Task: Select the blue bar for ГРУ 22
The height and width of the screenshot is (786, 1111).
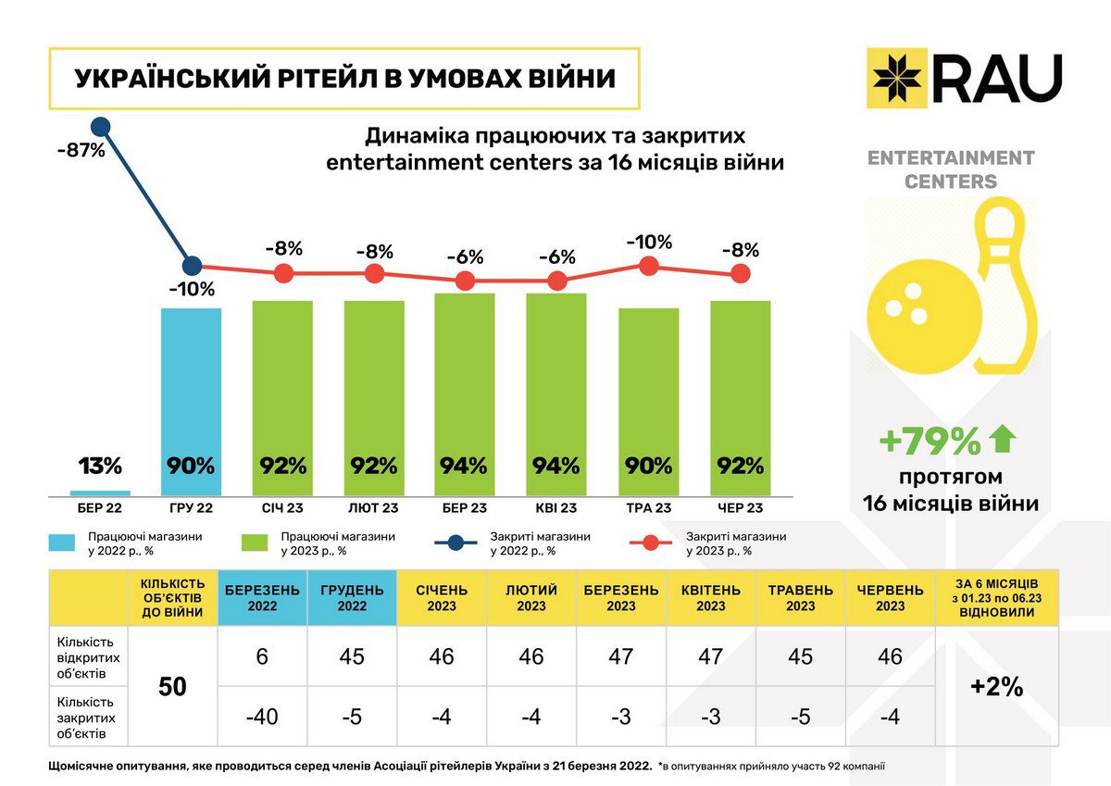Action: (191, 403)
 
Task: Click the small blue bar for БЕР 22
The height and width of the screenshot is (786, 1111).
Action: (100, 493)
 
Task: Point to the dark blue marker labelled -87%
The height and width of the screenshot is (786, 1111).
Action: (101, 126)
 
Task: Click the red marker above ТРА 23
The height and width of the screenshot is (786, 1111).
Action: (648, 267)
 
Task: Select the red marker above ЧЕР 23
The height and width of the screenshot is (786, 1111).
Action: (739, 273)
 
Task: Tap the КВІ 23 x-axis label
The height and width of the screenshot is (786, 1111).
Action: (555, 508)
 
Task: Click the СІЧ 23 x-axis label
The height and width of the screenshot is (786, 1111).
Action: (282, 508)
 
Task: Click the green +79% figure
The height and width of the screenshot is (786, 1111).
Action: (930, 443)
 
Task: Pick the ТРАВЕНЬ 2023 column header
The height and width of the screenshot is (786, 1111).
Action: (800, 598)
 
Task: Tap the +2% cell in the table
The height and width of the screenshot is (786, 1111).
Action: (996, 686)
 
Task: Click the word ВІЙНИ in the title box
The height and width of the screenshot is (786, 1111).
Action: (567, 78)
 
